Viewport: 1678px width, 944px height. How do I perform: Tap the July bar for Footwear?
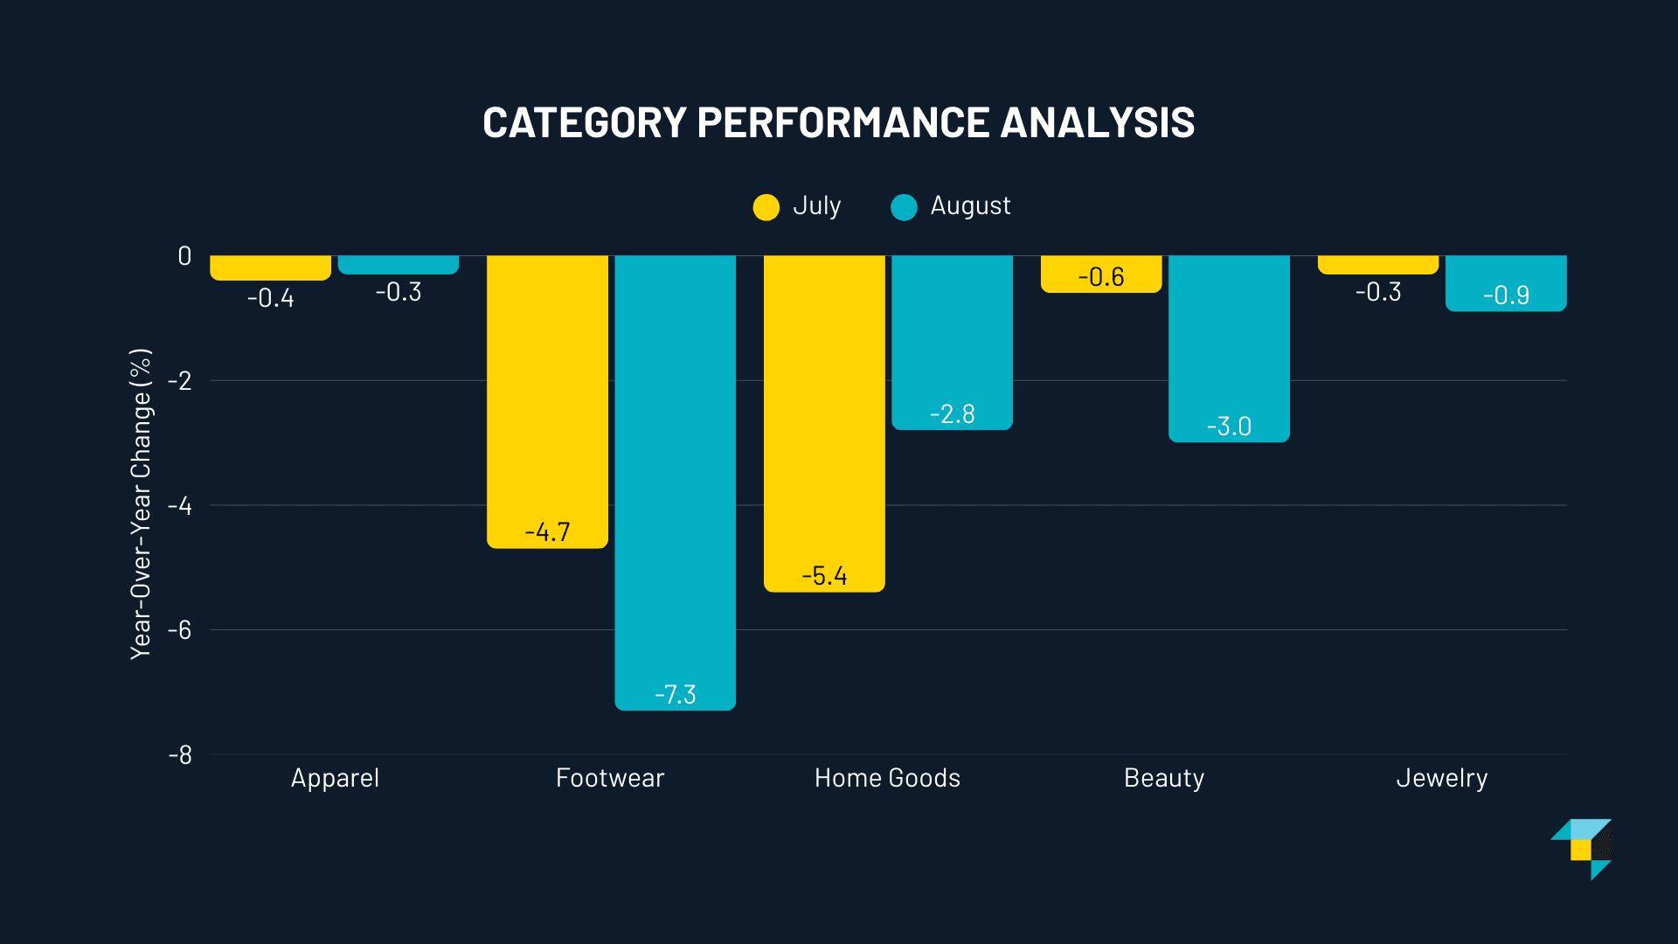point(547,393)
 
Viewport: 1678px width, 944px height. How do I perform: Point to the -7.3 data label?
point(676,695)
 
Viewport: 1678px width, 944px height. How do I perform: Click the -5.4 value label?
point(824,576)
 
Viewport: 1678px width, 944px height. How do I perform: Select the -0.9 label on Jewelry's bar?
point(1506,295)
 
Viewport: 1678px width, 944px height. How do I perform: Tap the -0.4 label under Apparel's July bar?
point(271,298)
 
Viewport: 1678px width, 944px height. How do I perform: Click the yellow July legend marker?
point(766,207)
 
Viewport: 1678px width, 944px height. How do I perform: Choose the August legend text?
point(970,205)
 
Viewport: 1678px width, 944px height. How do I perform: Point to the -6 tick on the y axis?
point(179,630)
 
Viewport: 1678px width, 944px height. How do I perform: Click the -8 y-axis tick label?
point(180,755)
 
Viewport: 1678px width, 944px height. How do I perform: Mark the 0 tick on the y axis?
point(184,256)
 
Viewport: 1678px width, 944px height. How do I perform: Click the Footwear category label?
point(610,778)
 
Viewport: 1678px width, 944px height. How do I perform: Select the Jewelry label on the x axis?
point(1441,778)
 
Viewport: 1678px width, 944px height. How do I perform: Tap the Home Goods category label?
point(887,778)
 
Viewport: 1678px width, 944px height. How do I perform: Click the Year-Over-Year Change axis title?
point(141,503)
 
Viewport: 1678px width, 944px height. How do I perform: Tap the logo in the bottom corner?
point(1582,849)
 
